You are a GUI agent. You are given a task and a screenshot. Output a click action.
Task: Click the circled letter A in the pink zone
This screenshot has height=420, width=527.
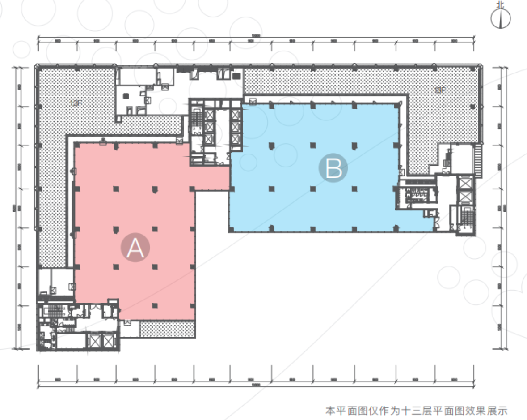(135, 248)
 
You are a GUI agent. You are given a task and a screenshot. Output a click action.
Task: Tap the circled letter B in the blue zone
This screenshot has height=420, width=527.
(333, 169)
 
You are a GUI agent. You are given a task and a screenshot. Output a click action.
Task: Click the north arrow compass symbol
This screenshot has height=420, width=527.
(501, 19)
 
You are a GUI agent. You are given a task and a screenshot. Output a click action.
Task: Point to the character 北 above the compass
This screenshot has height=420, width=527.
(501, 5)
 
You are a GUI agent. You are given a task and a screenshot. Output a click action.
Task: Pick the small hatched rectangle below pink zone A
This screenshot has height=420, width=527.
(168, 330)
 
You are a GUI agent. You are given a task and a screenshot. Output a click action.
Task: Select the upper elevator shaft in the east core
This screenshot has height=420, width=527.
(465, 184)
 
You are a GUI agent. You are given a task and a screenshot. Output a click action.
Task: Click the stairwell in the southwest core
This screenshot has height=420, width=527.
(55, 310)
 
